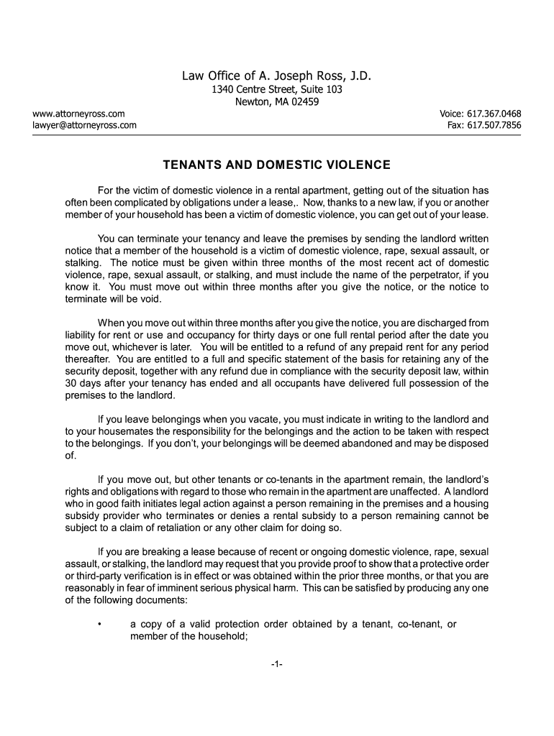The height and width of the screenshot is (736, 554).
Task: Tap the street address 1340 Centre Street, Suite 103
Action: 277,90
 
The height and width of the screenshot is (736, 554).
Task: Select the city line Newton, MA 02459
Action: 277,102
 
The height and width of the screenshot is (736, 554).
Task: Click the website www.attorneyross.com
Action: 78,114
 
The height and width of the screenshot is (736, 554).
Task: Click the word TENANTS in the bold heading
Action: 189,165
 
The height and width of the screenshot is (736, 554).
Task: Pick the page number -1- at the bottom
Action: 277,665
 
